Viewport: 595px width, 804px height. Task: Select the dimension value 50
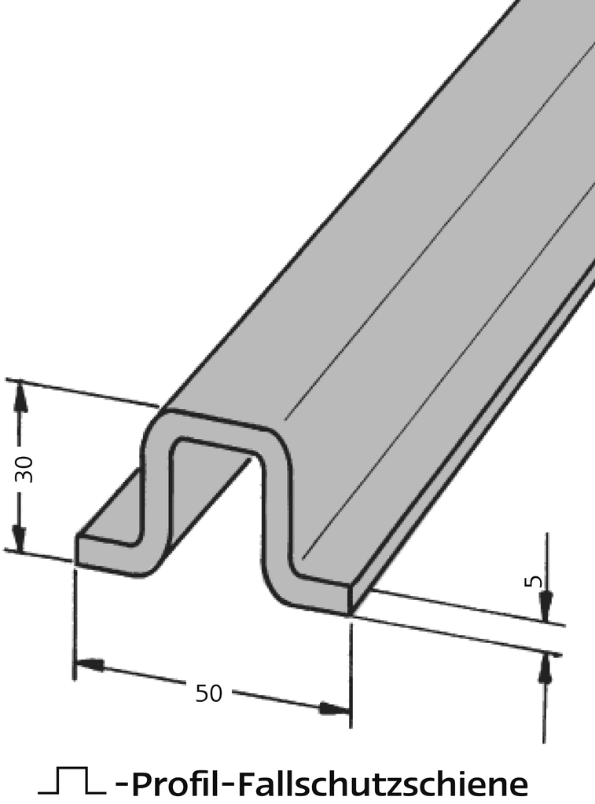208,693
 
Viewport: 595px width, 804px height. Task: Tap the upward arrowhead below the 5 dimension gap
544,667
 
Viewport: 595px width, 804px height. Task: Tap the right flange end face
322,594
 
